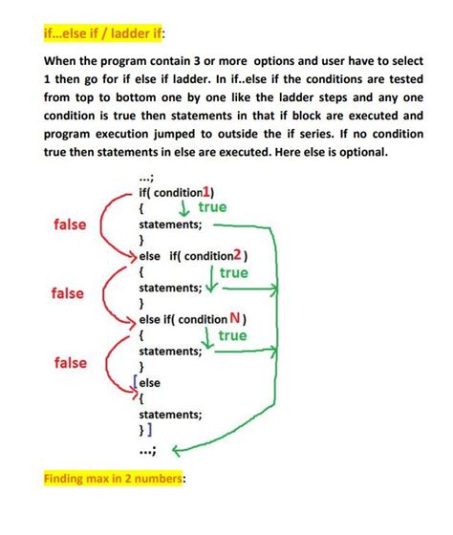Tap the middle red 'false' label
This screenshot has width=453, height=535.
point(70,293)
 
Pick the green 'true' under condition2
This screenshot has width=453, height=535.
point(233,272)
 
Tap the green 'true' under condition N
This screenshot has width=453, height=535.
point(232,335)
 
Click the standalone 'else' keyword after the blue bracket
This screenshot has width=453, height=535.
point(150,382)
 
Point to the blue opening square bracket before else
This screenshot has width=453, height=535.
point(138,382)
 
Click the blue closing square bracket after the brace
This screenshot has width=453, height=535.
point(153,432)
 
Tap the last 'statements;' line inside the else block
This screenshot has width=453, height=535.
point(170,415)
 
